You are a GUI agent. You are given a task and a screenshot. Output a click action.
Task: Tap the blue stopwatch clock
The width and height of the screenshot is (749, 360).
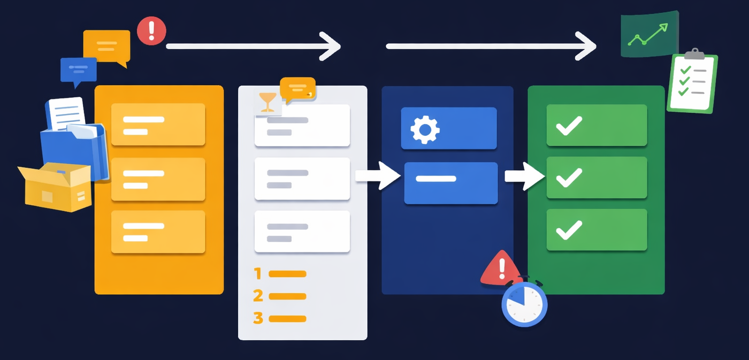coord(524,304)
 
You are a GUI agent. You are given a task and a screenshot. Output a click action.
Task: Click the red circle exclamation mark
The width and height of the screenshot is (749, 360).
coord(151,30)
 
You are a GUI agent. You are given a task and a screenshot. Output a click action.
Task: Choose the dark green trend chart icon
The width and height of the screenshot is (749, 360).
coord(649,35)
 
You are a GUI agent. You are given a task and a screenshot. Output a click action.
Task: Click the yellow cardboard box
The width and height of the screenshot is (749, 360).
coord(55,187)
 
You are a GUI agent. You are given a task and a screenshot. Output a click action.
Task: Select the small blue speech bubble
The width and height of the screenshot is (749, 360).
coord(78,71)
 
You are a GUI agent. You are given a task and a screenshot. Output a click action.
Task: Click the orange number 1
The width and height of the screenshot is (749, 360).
coord(258,274)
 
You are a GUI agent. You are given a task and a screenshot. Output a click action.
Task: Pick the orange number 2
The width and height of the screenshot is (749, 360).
coord(258,296)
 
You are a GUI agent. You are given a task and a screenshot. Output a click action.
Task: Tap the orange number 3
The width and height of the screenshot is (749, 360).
coord(258,318)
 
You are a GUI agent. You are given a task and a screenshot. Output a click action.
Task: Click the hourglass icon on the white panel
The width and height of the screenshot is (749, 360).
coord(267,103)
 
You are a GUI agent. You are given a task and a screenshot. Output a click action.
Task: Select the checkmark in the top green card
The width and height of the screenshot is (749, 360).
coord(569,126)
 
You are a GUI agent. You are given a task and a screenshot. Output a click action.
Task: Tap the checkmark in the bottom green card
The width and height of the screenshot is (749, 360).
coord(569,230)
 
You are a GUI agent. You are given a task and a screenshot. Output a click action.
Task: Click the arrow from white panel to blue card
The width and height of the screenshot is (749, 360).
coord(378,176)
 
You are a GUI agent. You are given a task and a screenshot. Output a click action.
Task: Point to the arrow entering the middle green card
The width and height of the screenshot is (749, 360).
coord(525,176)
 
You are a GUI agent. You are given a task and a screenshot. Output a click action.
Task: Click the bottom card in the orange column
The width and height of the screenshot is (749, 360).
coord(158,232)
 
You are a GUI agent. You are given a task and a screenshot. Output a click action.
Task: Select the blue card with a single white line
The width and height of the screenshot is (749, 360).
coord(450,183)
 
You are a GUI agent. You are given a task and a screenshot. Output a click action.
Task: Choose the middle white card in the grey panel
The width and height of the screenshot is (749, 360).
coord(302,179)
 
